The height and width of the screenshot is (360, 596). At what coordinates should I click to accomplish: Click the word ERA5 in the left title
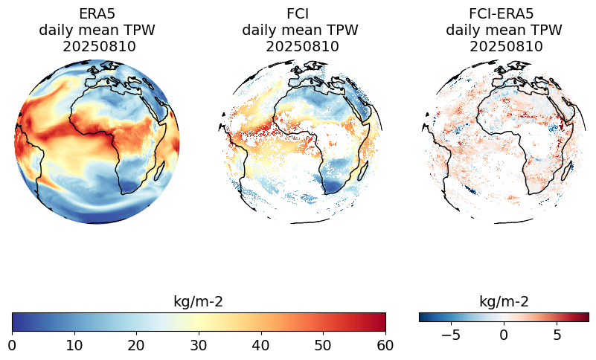click(97, 14)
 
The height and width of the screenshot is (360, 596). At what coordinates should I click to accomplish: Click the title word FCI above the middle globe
click(300, 14)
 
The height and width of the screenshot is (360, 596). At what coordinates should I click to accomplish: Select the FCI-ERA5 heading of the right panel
click(504, 14)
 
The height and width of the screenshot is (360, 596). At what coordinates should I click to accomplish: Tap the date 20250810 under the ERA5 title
click(97, 46)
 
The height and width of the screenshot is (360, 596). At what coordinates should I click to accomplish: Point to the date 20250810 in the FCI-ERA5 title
click(504, 46)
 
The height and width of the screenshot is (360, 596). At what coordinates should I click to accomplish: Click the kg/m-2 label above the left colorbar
click(198, 301)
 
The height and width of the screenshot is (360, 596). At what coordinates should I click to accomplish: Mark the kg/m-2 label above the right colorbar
click(504, 301)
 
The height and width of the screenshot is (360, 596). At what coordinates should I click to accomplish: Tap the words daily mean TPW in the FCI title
click(300, 30)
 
